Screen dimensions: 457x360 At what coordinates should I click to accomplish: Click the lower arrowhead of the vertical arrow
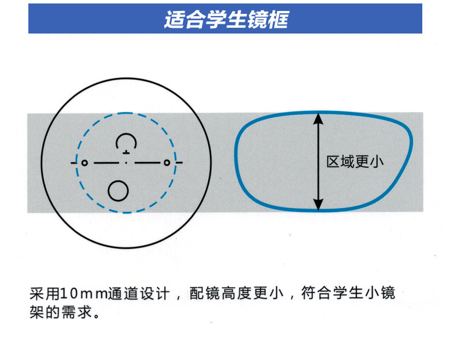click(318, 205)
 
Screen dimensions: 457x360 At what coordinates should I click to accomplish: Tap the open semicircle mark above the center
click(126, 141)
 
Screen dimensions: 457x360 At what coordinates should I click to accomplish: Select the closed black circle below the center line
click(119, 189)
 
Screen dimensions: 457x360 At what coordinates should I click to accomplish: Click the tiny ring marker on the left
click(84, 163)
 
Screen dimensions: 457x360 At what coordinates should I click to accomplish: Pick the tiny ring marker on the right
click(167, 163)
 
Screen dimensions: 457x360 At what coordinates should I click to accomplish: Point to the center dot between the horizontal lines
click(126, 163)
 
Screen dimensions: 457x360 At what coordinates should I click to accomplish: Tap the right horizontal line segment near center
click(147, 163)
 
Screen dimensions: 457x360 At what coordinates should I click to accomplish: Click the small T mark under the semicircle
click(126, 152)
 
